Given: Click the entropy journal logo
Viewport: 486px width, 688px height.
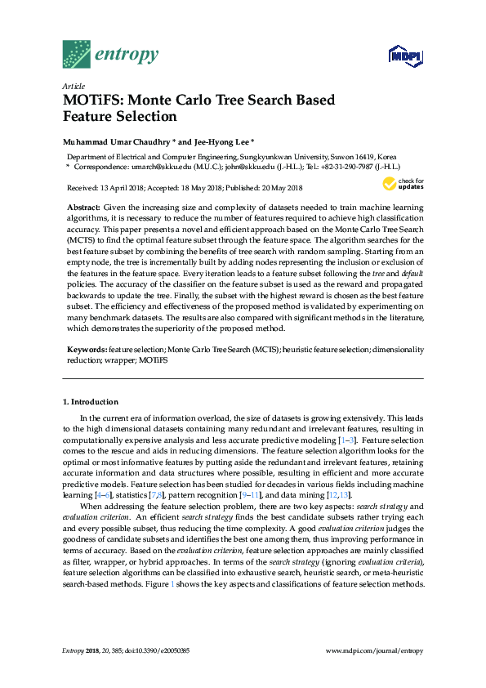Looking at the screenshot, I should click(x=110, y=54).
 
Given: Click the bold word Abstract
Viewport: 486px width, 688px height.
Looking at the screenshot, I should click(x=83, y=208).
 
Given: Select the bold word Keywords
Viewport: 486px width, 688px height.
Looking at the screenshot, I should click(x=87, y=349).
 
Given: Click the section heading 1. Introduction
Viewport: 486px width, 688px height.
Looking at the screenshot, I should click(x=91, y=402).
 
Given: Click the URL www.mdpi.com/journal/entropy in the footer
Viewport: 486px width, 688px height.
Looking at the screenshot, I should click(x=374, y=650).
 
